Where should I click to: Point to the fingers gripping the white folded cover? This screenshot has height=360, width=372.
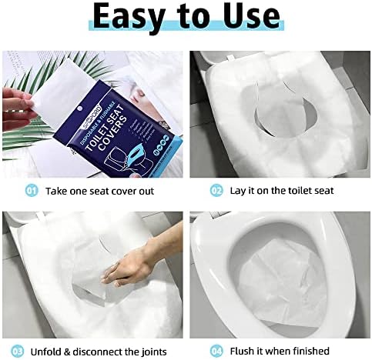click(x=17, y=105)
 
